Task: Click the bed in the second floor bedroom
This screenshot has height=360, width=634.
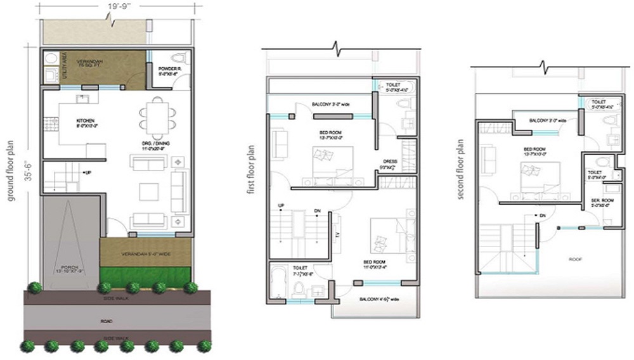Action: [540, 175]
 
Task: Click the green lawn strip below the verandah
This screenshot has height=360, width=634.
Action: [146, 274]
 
